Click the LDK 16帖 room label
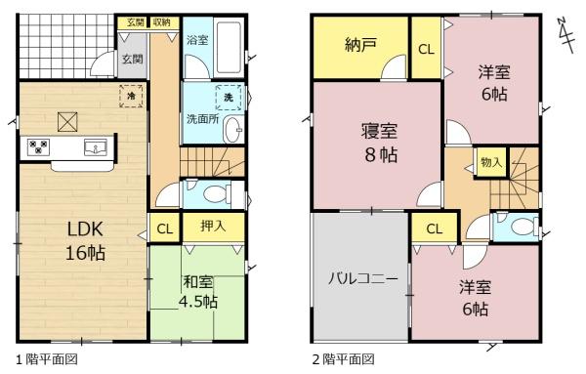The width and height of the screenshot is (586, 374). pyautogui.click(x=85, y=240)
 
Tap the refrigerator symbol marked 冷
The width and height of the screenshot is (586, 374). pyautogui.click(x=131, y=96)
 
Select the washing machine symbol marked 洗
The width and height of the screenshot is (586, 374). pyautogui.click(x=229, y=97)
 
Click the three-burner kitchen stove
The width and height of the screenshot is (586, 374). pyautogui.click(x=38, y=146)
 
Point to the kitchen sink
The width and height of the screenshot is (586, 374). pyautogui.click(x=96, y=146)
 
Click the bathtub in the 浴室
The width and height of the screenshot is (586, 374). pyautogui.click(x=229, y=47)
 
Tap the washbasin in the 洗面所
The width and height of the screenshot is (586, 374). pyautogui.click(x=233, y=129)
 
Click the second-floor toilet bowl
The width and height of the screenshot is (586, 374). pyautogui.click(x=523, y=227)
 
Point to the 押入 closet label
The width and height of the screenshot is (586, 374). pyautogui.click(x=213, y=226)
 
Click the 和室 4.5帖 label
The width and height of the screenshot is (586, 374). pyautogui.click(x=198, y=292)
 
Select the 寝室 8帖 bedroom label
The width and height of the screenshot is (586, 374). pyautogui.click(x=380, y=143)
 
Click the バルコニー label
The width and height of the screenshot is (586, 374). pyautogui.click(x=363, y=278)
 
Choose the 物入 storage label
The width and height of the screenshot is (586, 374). pyautogui.click(x=490, y=162)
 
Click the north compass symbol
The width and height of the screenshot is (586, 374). pyautogui.click(x=565, y=35)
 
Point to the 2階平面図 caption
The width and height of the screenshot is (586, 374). pyautogui.click(x=343, y=359)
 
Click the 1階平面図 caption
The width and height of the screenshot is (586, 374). pyautogui.click(x=47, y=359)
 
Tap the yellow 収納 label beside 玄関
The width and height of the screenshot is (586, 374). pyautogui.click(x=161, y=22)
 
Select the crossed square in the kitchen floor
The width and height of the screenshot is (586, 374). pyautogui.click(x=67, y=122)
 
